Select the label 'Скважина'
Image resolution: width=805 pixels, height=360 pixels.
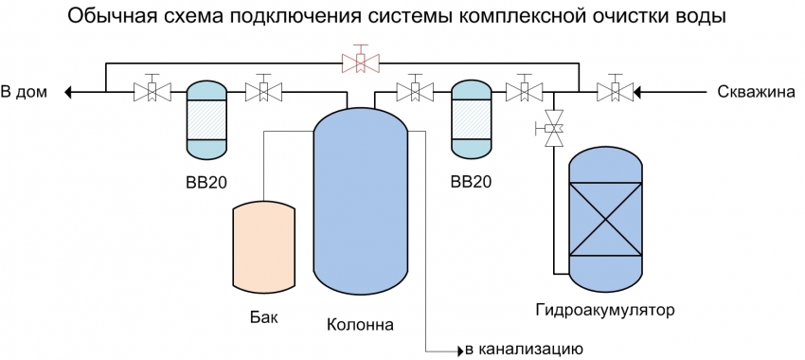pos(753,92)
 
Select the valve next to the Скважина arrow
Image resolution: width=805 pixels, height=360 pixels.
pos(616,92)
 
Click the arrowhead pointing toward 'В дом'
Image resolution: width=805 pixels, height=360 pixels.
pos(69,92)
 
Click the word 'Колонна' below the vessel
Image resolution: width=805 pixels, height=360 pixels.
pos(359,325)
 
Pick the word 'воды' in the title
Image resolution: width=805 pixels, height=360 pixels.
pos(707,17)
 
